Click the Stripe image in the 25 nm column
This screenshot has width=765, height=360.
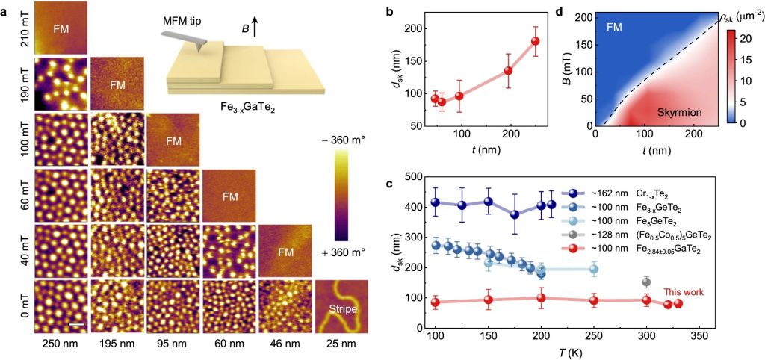[341, 305]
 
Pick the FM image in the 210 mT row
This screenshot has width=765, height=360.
[61, 28]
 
